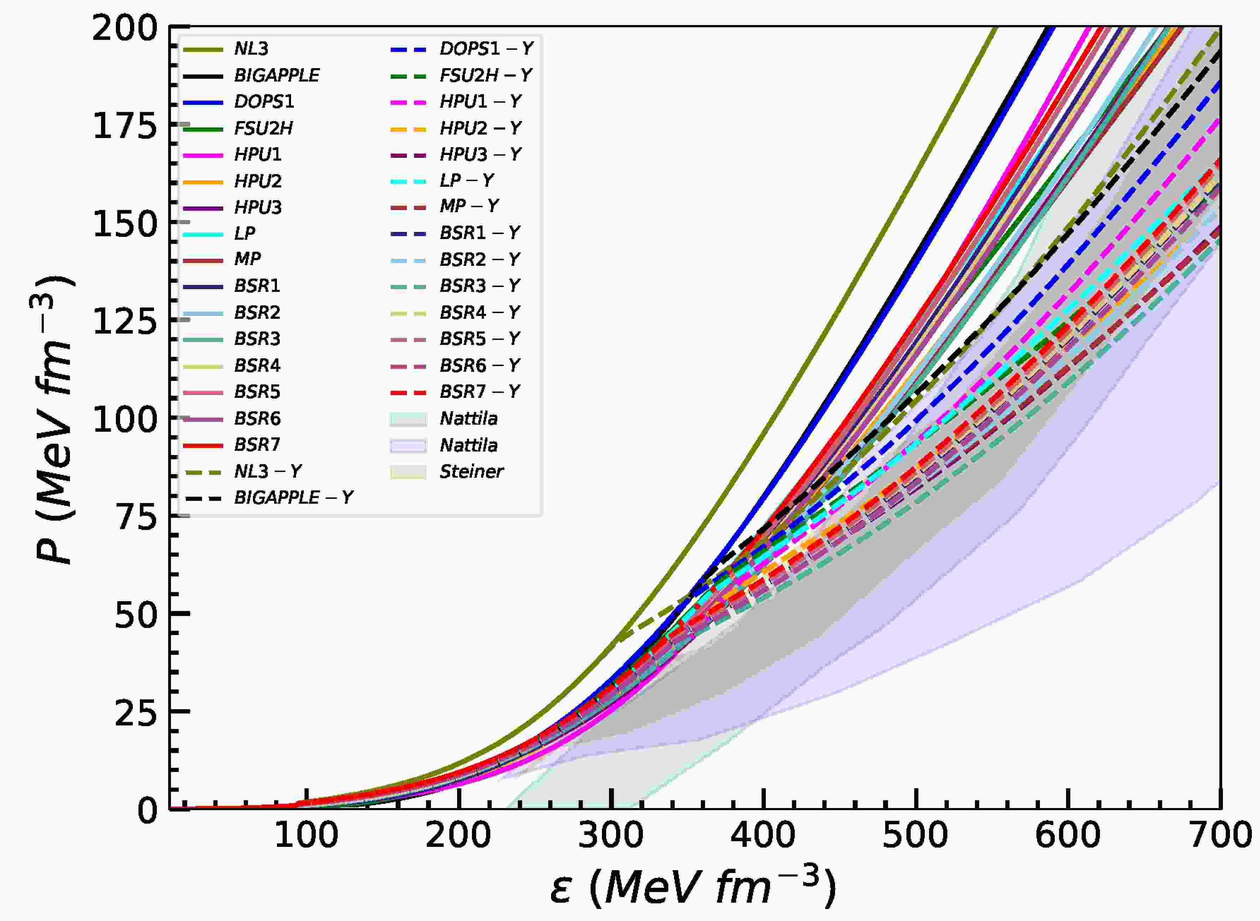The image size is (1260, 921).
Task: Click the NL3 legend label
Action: (x=251, y=49)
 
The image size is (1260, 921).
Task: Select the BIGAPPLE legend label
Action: (x=277, y=75)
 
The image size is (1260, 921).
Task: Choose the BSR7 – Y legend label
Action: (x=480, y=392)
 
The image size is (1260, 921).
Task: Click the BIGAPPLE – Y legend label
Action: (x=294, y=498)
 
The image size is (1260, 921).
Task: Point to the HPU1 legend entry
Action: (x=258, y=154)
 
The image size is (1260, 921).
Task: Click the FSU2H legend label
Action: (x=263, y=128)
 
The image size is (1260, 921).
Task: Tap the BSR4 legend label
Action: (x=257, y=366)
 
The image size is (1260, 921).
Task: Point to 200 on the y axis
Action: (x=125, y=28)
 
